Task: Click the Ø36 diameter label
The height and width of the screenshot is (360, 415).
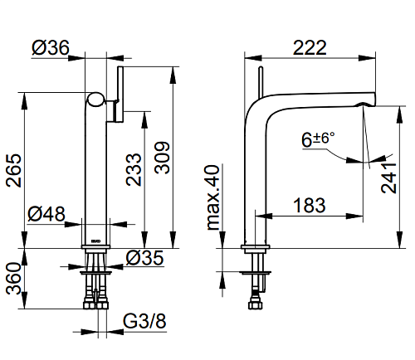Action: tap(51, 47)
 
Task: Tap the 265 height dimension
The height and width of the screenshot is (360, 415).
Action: tap(14, 170)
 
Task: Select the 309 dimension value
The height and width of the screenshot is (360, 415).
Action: tap(162, 158)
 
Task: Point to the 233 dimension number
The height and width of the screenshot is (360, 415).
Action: tap(134, 169)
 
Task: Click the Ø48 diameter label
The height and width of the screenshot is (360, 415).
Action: tap(46, 214)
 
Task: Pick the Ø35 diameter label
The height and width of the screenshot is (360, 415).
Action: tap(144, 258)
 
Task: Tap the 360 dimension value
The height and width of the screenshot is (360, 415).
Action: tap(14, 279)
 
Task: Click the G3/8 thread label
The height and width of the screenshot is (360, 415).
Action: tap(144, 321)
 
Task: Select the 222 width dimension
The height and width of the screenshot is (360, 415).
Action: tap(310, 47)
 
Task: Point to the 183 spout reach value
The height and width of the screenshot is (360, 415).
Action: tap(310, 206)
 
